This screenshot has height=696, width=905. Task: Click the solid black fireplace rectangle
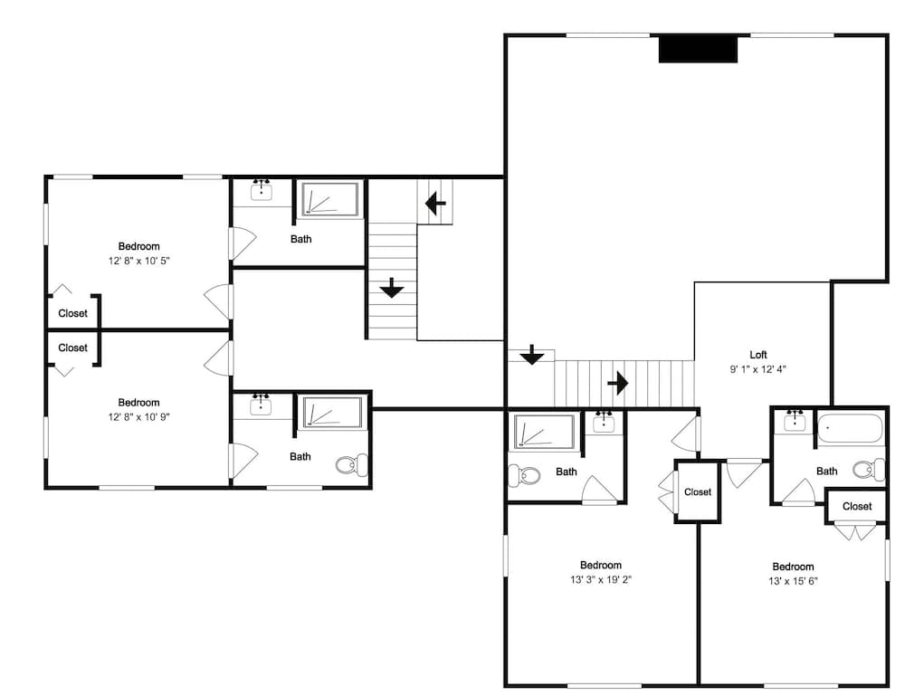[699, 49]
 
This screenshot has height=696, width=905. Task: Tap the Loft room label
[758, 355]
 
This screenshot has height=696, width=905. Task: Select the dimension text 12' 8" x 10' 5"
[139, 261]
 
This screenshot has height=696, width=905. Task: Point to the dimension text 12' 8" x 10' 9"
[139, 416]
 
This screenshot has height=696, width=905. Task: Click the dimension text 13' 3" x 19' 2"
[601, 579]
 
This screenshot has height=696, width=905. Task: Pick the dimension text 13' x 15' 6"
[793, 580]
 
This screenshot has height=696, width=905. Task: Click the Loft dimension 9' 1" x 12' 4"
[758, 369]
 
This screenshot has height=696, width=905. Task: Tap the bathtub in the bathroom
[851, 428]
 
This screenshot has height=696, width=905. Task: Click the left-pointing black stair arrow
[435, 203]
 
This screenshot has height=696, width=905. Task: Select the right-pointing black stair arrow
[618, 382]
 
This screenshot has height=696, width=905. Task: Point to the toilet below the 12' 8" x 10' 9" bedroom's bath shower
[352, 464]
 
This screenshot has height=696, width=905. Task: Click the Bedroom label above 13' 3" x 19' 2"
[601, 565]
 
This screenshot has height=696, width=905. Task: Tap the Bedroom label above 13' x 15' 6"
[793, 567]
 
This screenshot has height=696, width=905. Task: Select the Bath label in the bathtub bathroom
[826, 471]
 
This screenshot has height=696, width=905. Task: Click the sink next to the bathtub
[795, 420]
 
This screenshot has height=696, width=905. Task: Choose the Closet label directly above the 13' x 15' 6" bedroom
[857, 506]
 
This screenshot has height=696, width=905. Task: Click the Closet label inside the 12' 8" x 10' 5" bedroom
[72, 313]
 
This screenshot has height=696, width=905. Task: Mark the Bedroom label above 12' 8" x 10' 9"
[139, 402]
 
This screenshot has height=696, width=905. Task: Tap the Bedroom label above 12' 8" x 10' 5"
[139, 246]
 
